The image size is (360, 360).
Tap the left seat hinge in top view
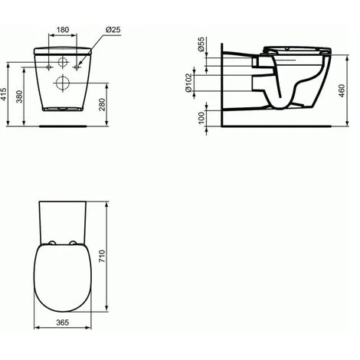point(49,245)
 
